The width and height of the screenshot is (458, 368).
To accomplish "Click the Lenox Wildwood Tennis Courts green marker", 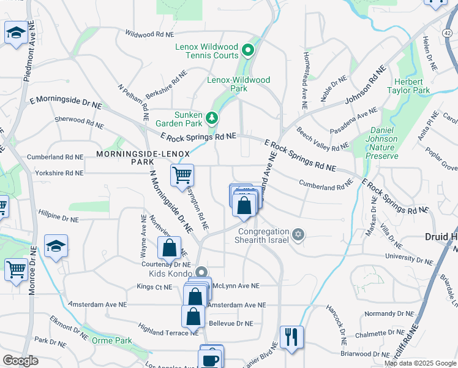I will point(248,50).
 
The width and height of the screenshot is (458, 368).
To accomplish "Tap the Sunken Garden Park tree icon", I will point(211,117).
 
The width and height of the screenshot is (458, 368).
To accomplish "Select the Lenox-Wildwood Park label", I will point(238,84).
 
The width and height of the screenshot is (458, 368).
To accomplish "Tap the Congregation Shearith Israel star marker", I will point(298,234).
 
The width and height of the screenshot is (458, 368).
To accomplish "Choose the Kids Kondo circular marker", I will point(202,273).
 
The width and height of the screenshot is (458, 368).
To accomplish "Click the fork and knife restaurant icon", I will point(291,337).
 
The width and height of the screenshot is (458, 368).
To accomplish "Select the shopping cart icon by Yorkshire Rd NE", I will point(182,175).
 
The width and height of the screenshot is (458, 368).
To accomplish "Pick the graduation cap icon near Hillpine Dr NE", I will point(56,246).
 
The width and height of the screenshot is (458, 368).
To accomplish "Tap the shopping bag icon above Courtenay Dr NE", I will point(170,248).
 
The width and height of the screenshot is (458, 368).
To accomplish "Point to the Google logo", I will point(20,360).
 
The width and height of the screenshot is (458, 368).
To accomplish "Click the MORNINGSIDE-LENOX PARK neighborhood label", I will point(132,157).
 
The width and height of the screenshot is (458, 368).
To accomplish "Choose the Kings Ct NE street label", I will point(154,286).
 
